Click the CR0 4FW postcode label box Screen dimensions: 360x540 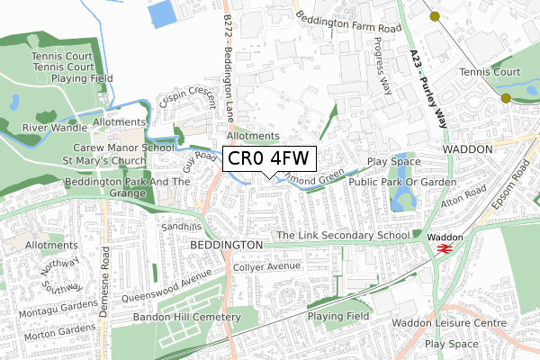(268, 158)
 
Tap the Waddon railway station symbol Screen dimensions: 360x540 (442, 252)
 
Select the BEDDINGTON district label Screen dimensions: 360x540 (226, 245)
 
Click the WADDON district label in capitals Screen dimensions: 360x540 (467, 148)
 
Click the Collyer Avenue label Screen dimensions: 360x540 (265, 267)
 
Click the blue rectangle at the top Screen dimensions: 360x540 (163, 13)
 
